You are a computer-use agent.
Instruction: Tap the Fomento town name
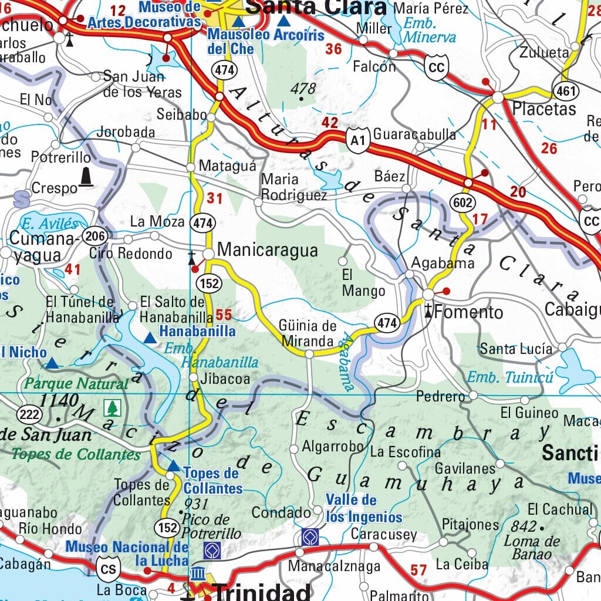(x=469, y=312)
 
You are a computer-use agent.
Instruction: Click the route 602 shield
(x=462, y=202)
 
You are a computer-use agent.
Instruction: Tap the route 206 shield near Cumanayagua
(x=94, y=237)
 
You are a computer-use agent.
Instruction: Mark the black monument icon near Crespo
(x=86, y=177)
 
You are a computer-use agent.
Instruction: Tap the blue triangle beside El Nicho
(x=52, y=363)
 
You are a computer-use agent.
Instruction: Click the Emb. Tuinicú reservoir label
(x=510, y=377)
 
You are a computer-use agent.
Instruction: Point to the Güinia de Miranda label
(x=308, y=333)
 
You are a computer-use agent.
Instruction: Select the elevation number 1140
(x=59, y=401)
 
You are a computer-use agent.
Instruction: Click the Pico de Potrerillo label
(x=211, y=526)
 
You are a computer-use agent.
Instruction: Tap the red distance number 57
(x=418, y=569)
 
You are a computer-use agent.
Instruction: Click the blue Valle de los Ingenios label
(x=364, y=508)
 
